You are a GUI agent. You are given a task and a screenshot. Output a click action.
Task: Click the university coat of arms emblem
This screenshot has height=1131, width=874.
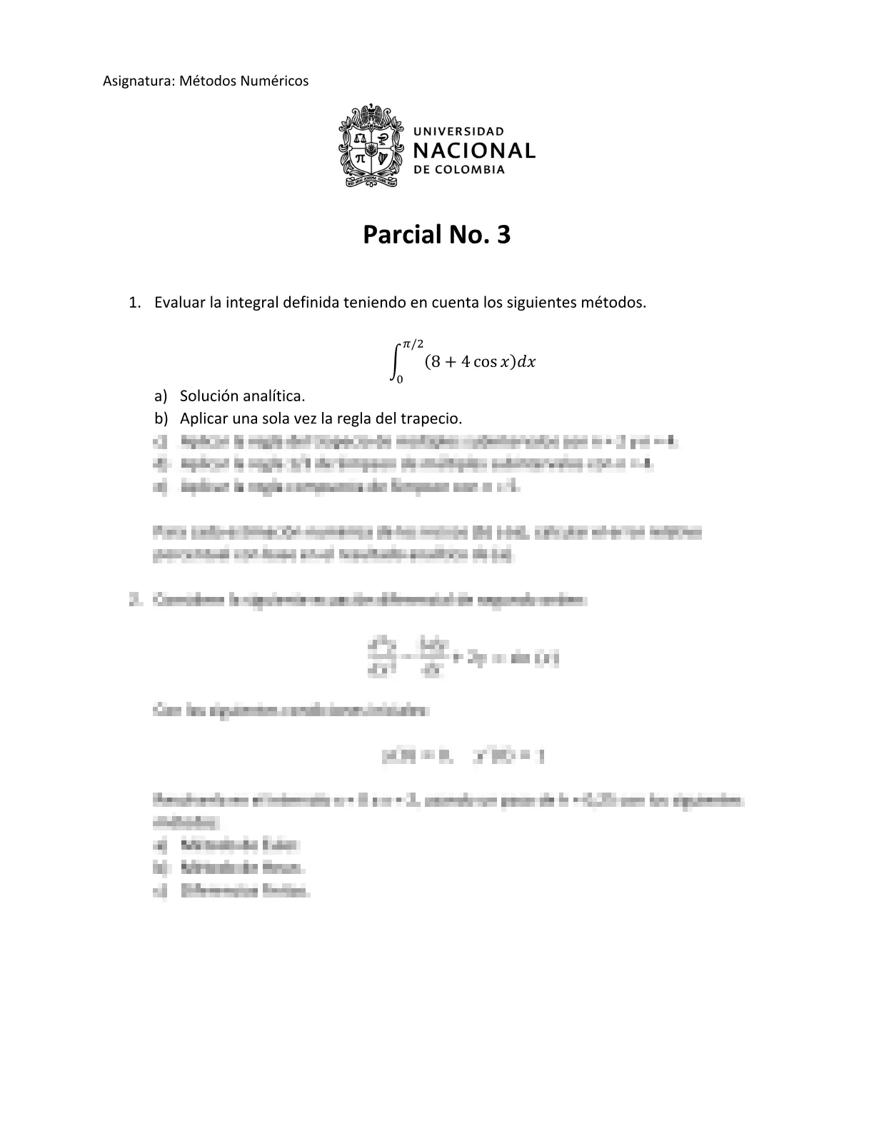pyautogui.click(x=368, y=146)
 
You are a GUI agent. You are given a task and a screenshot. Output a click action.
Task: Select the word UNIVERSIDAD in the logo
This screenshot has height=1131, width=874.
pyautogui.click(x=459, y=131)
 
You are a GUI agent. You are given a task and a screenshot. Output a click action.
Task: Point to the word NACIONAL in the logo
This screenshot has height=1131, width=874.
pyautogui.click(x=474, y=151)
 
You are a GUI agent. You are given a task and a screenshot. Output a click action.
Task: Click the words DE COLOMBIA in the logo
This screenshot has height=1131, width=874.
pyautogui.click(x=459, y=170)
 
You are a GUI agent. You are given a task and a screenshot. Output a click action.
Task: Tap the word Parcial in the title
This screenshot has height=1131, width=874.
pyautogui.click(x=401, y=234)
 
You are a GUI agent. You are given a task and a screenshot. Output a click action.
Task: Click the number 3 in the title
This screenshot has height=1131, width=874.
pyautogui.click(x=503, y=234)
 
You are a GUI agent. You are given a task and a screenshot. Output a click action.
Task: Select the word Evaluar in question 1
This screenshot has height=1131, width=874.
pyautogui.click(x=179, y=302)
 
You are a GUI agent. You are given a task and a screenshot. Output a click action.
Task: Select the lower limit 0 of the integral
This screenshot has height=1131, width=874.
pyautogui.click(x=400, y=379)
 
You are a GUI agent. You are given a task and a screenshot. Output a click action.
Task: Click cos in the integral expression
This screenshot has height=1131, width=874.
pyautogui.click(x=486, y=362)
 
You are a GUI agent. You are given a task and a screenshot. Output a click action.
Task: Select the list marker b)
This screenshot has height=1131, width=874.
pyautogui.click(x=161, y=418)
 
